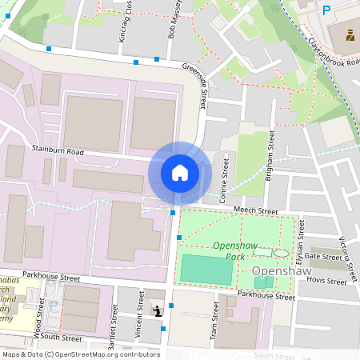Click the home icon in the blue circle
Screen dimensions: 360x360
coord(180,173)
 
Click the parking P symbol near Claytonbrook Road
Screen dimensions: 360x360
coord(326,10)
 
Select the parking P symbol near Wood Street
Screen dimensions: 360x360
coord(54,305)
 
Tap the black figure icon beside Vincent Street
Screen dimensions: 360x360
coord(158,310)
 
